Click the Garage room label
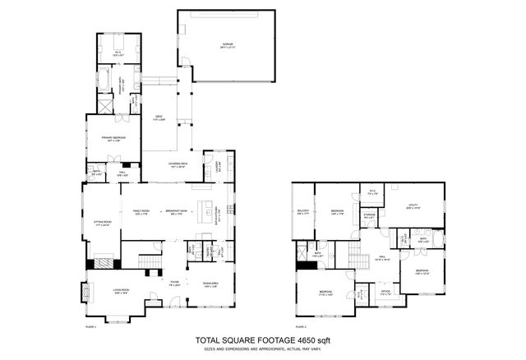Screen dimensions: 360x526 [x=228, y=46]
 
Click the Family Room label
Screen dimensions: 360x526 [x=142, y=211]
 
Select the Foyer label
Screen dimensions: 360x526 [x=173, y=283]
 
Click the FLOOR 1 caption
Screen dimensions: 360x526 [x=90, y=326]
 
